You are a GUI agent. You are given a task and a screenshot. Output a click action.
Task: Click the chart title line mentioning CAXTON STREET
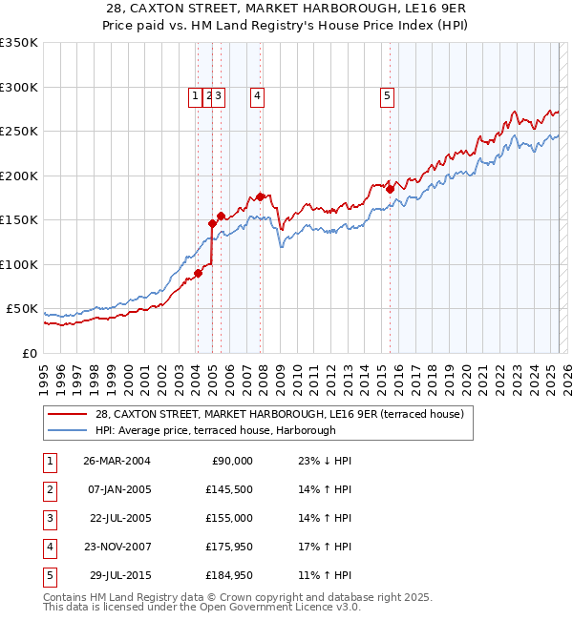click(x=286, y=9)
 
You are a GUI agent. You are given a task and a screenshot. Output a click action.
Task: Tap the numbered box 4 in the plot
click(x=258, y=94)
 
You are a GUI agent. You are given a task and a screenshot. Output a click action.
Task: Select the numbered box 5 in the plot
click(x=387, y=94)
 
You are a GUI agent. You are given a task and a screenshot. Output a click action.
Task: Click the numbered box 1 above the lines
click(x=195, y=94)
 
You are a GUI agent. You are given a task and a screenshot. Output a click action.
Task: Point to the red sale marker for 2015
click(x=390, y=189)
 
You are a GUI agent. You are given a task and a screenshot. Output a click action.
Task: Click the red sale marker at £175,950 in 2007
click(x=261, y=196)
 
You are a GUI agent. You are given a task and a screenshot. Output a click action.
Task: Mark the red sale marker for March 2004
click(x=198, y=273)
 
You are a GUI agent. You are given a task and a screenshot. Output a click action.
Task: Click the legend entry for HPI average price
click(x=215, y=430)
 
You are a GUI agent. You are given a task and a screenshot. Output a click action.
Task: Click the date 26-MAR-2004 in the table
click(x=116, y=461)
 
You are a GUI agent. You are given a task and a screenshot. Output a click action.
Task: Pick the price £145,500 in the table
click(x=229, y=488)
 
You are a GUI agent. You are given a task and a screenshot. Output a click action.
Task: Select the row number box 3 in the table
click(x=48, y=518)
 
